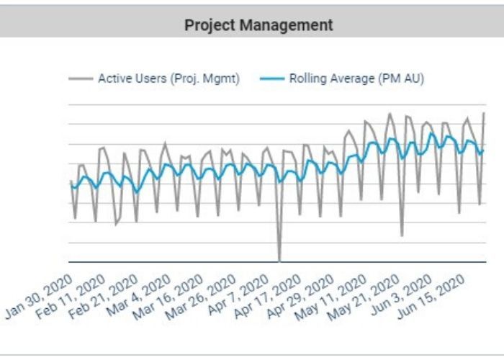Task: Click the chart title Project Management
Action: click(x=258, y=25)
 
